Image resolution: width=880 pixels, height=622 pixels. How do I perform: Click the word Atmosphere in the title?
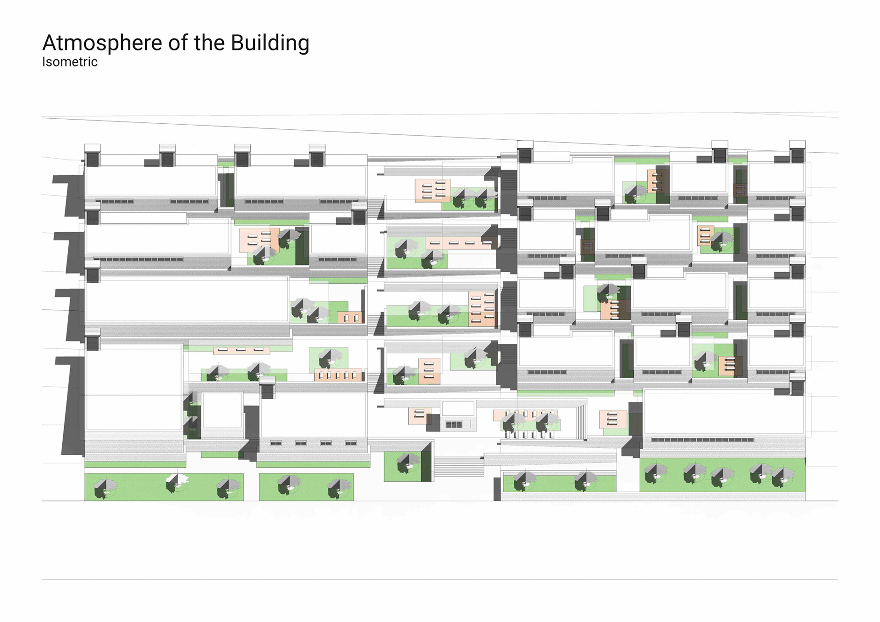(101, 43)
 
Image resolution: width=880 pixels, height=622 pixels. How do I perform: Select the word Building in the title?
(270, 43)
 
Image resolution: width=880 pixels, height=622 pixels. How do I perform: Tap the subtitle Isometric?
(70, 62)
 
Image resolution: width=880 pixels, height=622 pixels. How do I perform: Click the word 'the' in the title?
(209, 43)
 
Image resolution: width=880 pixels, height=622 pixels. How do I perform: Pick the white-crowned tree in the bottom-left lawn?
(176, 483)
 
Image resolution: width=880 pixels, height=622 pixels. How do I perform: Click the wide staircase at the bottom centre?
(458, 467)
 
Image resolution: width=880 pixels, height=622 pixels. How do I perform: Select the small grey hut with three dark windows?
(458, 417)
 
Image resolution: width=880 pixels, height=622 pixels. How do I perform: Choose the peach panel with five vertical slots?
(338, 375)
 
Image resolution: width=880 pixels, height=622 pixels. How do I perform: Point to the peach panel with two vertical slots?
(350, 317)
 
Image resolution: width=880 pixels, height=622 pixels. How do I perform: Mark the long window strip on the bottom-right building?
(702, 440)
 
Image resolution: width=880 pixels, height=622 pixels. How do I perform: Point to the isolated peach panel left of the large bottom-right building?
(613, 419)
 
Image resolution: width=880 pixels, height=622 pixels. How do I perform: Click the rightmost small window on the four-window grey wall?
(351, 443)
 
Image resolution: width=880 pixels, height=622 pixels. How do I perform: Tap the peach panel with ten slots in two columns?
(483, 309)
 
